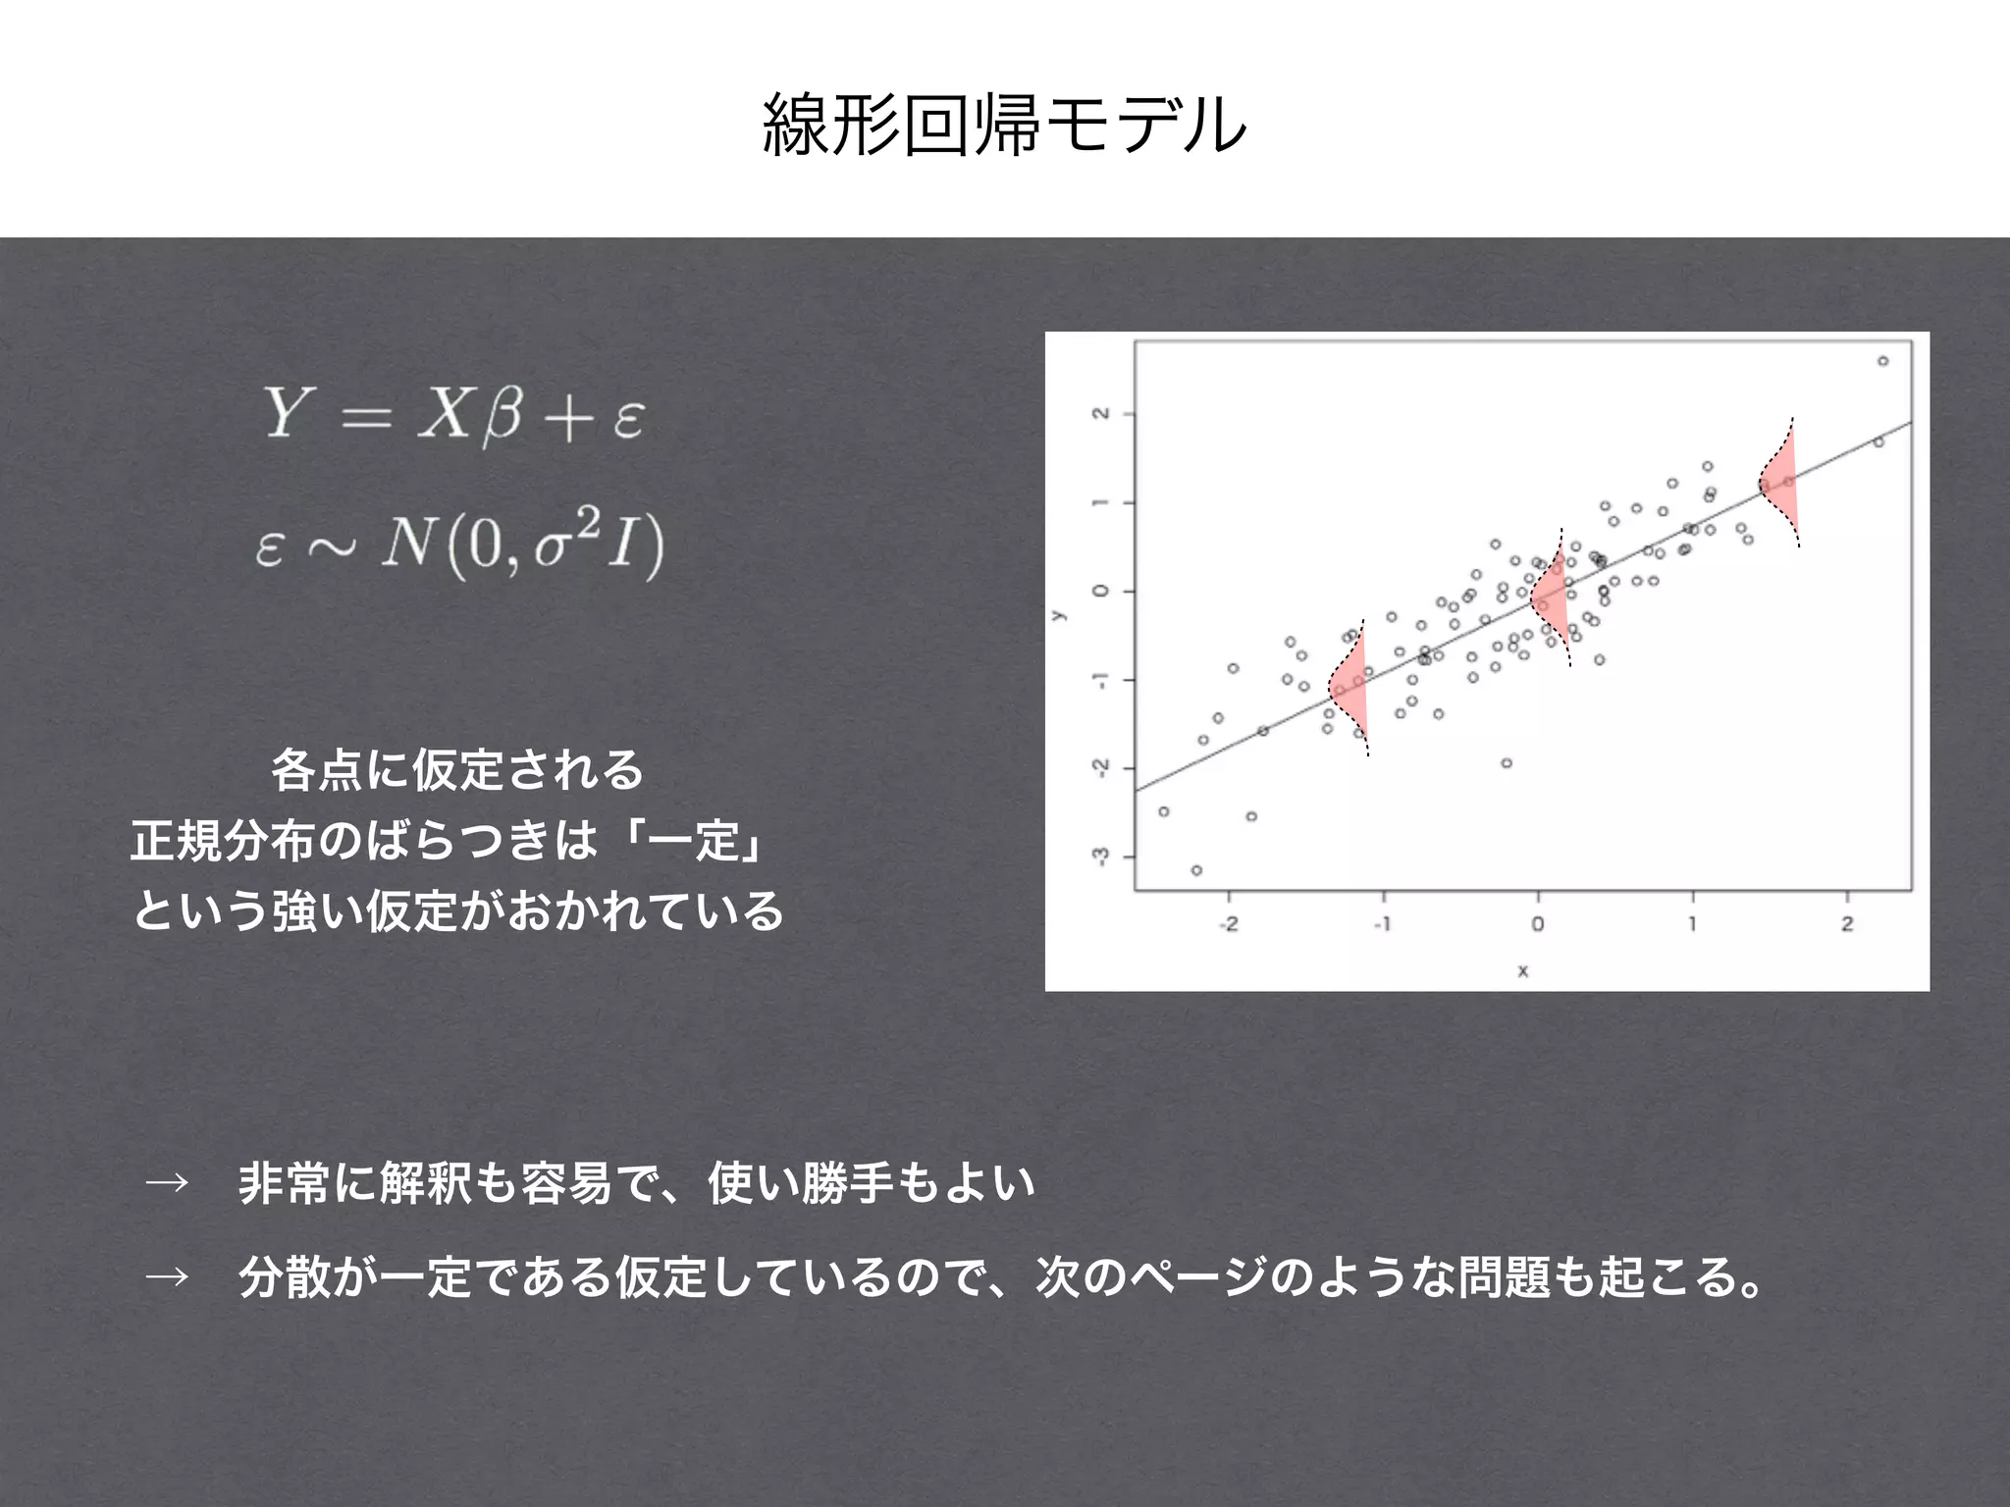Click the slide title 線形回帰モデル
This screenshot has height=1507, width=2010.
[x=1004, y=125]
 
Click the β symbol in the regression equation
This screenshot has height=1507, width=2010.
[x=502, y=416]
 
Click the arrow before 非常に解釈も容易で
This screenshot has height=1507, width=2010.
[x=167, y=1182]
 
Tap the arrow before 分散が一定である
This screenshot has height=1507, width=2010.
[x=167, y=1276]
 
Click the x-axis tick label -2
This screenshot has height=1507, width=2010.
[x=1228, y=924]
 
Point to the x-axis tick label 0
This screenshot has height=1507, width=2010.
[x=1538, y=924]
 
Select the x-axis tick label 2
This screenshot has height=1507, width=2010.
[x=1847, y=924]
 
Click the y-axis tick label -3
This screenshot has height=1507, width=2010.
[x=1101, y=857]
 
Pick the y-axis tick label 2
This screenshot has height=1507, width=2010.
[x=1101, y=414]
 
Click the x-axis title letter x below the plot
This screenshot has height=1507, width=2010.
[x=1523, y=971]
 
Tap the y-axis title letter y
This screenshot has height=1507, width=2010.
[x=1058, y=616]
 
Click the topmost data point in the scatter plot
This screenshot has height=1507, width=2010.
[x=1882, y=361]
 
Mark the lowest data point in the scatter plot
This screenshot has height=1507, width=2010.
[x=1196, y=870]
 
